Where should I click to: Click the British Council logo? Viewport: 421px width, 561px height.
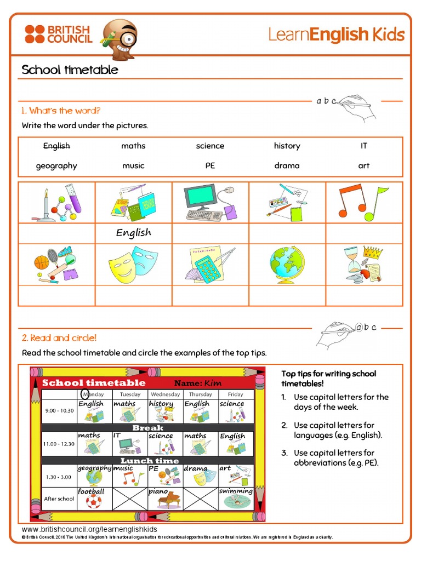point(58,34)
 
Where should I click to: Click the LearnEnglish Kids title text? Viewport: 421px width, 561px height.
point(336,35)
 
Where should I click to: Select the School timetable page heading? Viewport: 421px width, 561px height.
point(70,70)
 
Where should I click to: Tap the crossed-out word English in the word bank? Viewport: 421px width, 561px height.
point(56,146)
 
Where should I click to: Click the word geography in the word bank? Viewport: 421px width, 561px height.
point(56,165)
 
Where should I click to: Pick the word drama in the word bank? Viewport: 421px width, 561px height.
point(287,165)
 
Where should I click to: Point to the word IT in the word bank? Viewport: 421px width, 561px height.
point(364,146)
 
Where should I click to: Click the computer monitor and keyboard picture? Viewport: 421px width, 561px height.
point(210,203)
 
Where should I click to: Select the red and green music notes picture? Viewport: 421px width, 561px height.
point(363,203)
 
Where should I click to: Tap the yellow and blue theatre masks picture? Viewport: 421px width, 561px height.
point(133,263)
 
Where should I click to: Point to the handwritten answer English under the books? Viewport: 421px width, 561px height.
point(133,233)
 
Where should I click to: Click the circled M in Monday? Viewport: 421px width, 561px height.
point(85,394)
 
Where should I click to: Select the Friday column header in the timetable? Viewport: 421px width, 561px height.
point(236,394)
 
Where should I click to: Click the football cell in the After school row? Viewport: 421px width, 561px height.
point(93,498)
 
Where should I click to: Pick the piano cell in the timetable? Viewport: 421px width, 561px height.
point(165,498)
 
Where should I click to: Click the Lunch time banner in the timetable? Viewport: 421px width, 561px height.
point(149,461)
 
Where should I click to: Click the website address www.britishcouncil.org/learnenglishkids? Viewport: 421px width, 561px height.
point(89,529)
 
